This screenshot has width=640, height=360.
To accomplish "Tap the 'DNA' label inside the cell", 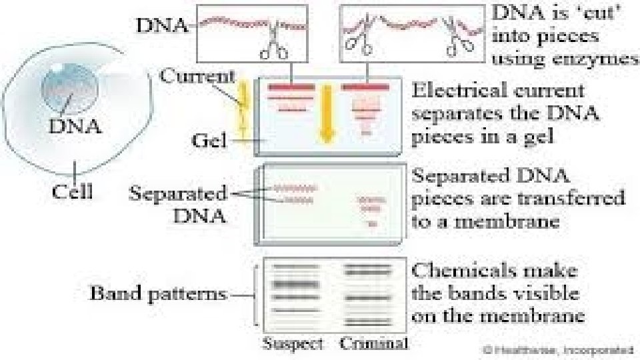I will tap(75, 125).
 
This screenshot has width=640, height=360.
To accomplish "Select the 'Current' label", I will tap(197, 75).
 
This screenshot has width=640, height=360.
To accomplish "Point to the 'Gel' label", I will tap(209, 141).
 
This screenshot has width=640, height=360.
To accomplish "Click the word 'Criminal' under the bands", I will tap(373, 344).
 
